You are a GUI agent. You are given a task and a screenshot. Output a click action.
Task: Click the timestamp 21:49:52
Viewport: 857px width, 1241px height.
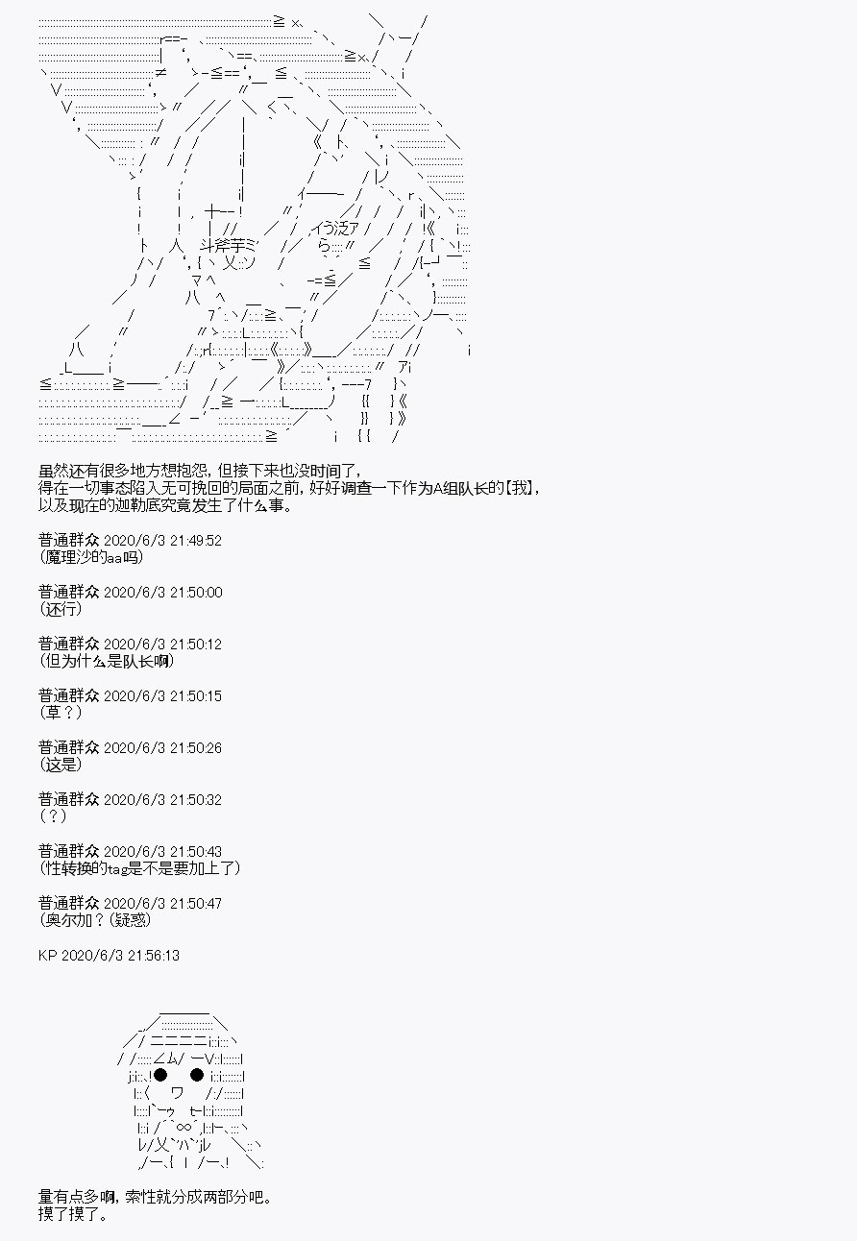196,541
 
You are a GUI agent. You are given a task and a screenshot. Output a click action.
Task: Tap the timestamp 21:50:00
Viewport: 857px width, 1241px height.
196,593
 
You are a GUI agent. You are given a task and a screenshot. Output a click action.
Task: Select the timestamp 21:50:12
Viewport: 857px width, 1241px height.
196,645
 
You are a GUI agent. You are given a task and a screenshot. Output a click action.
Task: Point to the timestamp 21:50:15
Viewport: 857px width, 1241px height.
196,696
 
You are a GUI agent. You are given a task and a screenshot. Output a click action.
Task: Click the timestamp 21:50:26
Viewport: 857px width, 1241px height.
196,748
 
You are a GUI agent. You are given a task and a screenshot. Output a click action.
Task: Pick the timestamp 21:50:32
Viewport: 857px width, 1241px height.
196,800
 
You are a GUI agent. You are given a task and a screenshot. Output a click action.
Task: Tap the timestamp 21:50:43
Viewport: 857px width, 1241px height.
196,852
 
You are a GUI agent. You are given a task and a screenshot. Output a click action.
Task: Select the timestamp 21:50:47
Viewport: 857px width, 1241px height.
196,904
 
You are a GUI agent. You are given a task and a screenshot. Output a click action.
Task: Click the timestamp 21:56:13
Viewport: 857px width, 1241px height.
154,956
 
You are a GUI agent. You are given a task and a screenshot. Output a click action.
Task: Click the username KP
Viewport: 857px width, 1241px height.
48,956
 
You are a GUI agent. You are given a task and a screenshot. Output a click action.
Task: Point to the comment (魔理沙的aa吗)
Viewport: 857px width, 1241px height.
91,557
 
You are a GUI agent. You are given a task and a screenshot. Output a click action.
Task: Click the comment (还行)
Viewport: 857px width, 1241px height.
61,609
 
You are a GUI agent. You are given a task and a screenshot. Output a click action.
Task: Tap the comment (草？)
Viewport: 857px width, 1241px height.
61,713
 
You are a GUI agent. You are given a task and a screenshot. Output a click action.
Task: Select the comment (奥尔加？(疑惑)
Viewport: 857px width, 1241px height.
95,921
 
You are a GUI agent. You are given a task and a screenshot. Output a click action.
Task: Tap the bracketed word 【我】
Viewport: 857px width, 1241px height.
522,489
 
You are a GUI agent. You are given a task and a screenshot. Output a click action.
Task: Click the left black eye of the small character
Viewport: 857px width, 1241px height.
160,1076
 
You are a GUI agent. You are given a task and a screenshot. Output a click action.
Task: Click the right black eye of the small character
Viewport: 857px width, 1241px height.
197,1076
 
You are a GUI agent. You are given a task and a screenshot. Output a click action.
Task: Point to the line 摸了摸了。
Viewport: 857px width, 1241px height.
73,1214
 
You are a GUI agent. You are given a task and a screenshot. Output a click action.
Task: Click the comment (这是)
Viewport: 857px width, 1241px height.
61,766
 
